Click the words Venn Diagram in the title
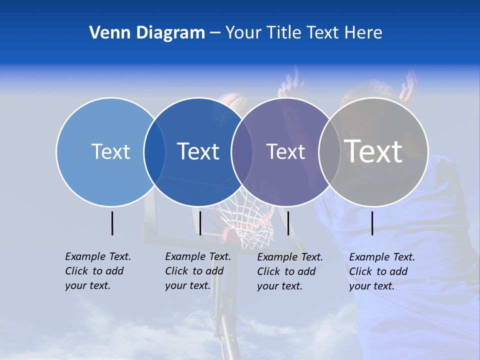tap(147, 33)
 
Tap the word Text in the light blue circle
tap(110, 151)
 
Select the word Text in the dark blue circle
tap(198, 151)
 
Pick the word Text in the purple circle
tap(285, 151)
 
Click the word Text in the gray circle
tap(373, 151)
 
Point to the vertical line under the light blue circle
tap(112, 223)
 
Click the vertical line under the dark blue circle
tap(200, 223)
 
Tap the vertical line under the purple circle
tap(288, 223)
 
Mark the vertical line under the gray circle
tap(372, 223)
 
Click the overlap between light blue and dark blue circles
tap(154, 151)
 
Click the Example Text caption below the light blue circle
tap(97, 271)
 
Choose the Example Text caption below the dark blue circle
tap(197, 271)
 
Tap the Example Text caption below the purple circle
tap(289, 271)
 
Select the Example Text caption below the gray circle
tap(381, 271)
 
